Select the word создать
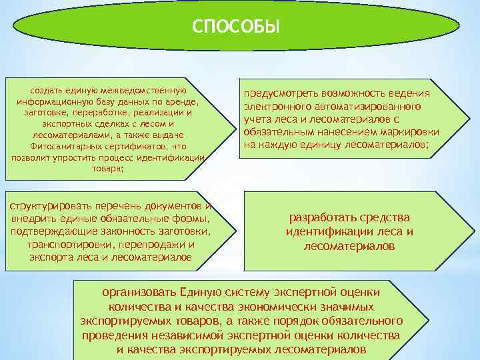point(47,90)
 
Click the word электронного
point(276,107)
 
